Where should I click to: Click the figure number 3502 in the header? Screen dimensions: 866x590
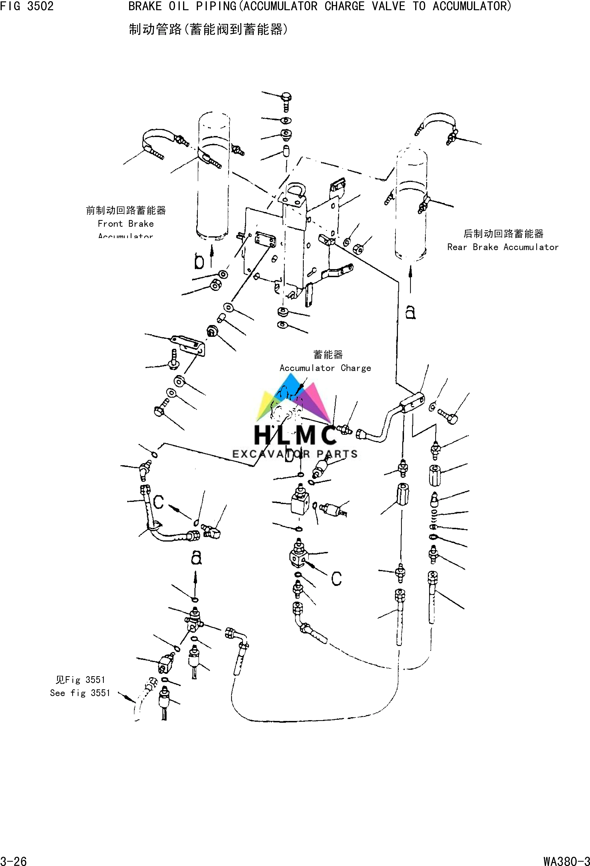tap(40, 6)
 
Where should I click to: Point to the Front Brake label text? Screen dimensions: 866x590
tap(126, 224)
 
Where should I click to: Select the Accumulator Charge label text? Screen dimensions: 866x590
tap(325, 368)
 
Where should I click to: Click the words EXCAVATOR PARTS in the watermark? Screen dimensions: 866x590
tap(295, 454)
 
